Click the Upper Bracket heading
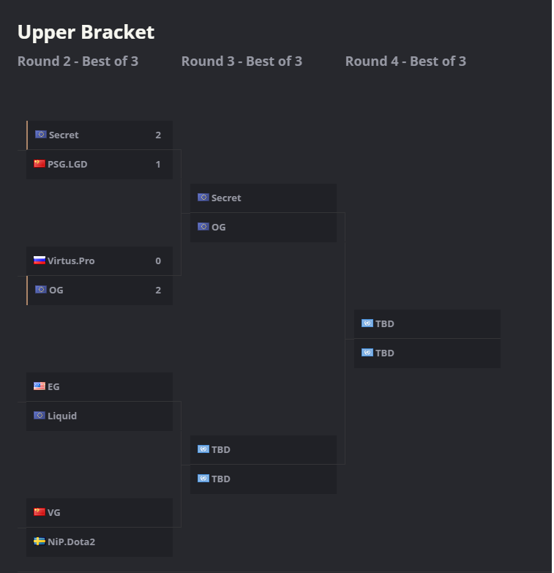[x=86, y=32]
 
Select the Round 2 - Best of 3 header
[x=78, y=61]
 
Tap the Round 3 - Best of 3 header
[x=242, y=61]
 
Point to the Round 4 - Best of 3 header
[x=405, y=61]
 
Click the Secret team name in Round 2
[x=64, y=135]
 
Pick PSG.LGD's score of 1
[x=158, y=164]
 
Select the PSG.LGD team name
[x=67, y=164]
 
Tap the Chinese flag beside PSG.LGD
[x=40, y=164]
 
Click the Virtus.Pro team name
[x=71, y=261]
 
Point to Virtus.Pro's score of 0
[x=158, y=261]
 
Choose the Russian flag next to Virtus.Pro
[x=40, y=261]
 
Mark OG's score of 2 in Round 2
[x=158, y=290]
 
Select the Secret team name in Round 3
[x=226, y=198]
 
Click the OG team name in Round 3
[x=219, y=227]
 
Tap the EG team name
[x=53, y=386]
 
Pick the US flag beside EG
[x=40, y=386]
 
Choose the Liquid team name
[x=62, y=416]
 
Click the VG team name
[x=54, y=512]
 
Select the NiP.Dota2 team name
[x=72, y=542]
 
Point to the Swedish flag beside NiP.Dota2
[x=40, y=542]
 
